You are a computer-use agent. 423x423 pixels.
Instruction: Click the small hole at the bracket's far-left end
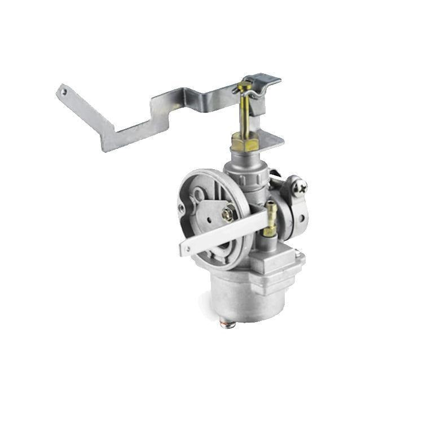pos(64,90)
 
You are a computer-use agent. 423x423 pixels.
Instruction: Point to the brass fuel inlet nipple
pos(271,219)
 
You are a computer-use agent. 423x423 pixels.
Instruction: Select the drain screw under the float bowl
pos(228,324)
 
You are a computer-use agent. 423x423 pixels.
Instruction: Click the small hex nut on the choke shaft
pos(228,213)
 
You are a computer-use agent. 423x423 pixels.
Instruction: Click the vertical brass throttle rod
pos(245,113)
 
